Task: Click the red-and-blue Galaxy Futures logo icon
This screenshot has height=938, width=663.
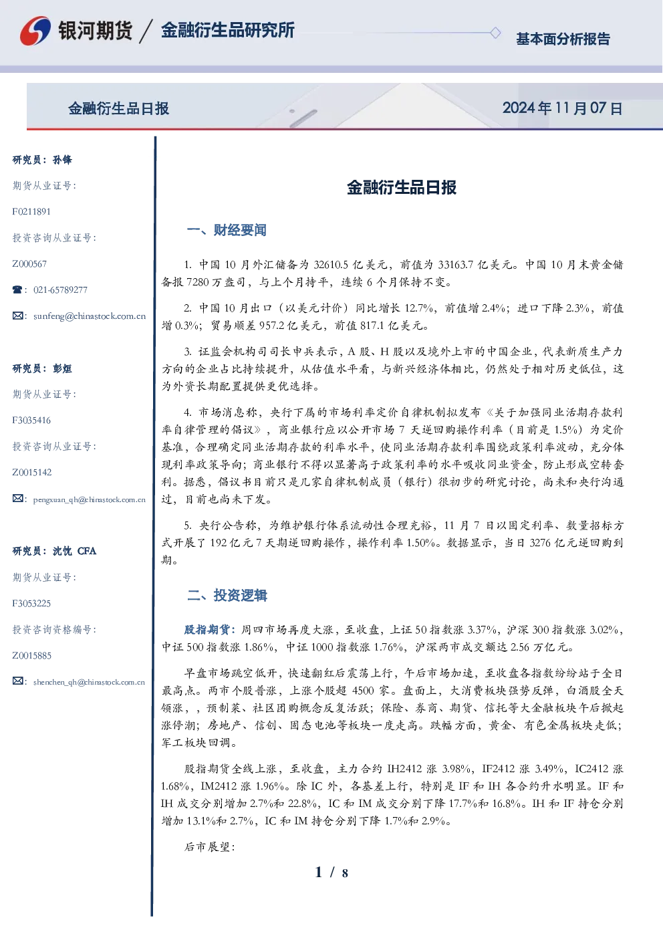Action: pyautogui.click(x=35, y=31)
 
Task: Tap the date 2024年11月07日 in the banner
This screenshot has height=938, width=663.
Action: pyautogui.click(x=562, y=108)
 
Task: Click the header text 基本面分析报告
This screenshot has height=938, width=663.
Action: pyautogui.click(x=563, y=39)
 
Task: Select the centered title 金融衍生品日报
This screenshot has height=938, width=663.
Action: pyautogui.click(x=402, y=187)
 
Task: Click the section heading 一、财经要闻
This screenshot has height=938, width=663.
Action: pyautogui.click(x=227, y=230)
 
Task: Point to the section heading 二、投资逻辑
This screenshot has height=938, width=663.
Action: pyautogui.click(x=227, y=595)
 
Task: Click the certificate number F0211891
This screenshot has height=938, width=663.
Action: pyautogui.click(x=31, y=211)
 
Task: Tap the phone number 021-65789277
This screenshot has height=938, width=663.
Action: pyautogui.click(x=60, y=289)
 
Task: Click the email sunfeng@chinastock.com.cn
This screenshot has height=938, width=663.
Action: pyautogui.click(x=90, y=316)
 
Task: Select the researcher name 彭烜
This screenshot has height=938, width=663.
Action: pyautogui.click(x=62, y=368)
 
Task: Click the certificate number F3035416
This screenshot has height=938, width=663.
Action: pyautogui.click(x=31, y=420)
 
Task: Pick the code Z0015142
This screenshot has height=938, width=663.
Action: pyautogui.click(x=32, y=473)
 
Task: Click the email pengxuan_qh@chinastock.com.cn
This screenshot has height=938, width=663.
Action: pyautogui.click(x=90, y=499)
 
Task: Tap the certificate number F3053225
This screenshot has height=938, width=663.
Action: pyautogui.click(x=31, y=604)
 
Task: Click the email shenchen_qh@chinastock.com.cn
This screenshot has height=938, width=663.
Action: pyautogui.click(x=89, y=682)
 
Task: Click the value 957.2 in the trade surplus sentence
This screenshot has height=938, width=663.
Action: pyautogui.click(x=271, y=326)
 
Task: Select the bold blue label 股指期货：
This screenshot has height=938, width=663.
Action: pyautogui.click(x=211, y=629)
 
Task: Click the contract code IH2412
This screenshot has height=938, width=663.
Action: pyautogui.click(x=404, y=769)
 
